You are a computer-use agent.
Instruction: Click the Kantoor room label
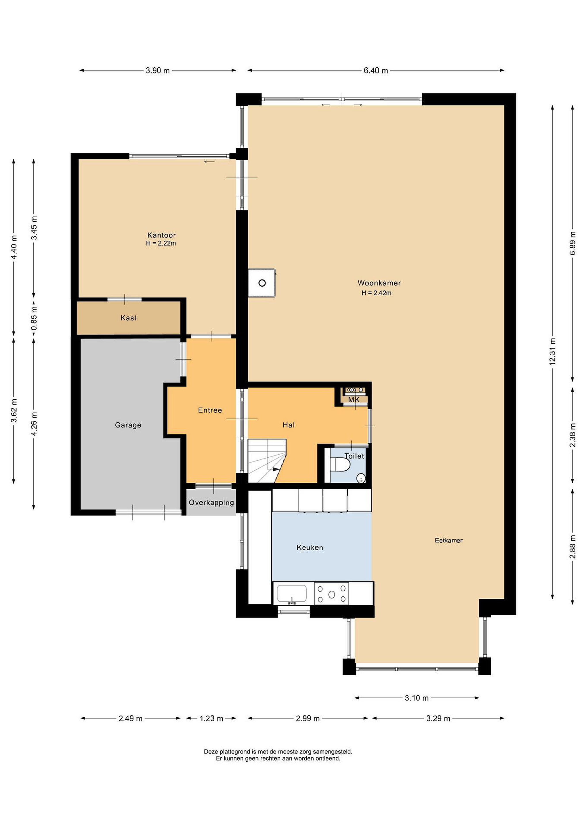[161, 235]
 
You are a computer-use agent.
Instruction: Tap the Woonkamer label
[379, 283]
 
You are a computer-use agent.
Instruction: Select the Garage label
[128, 425]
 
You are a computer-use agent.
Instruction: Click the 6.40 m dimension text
[376, 71]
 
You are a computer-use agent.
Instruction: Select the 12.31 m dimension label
[552, 351]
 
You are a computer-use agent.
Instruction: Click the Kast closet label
[129, 318]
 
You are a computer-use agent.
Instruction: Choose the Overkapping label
[211, 503]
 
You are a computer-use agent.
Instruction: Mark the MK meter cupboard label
[354, 400]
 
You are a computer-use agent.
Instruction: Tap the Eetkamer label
[448, 541]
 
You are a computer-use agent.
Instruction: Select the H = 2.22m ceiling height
[161, 243]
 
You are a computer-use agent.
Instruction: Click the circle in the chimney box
[262, 283]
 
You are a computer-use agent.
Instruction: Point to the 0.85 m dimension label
[34, 318]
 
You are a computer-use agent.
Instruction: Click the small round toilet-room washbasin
[361, 478]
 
